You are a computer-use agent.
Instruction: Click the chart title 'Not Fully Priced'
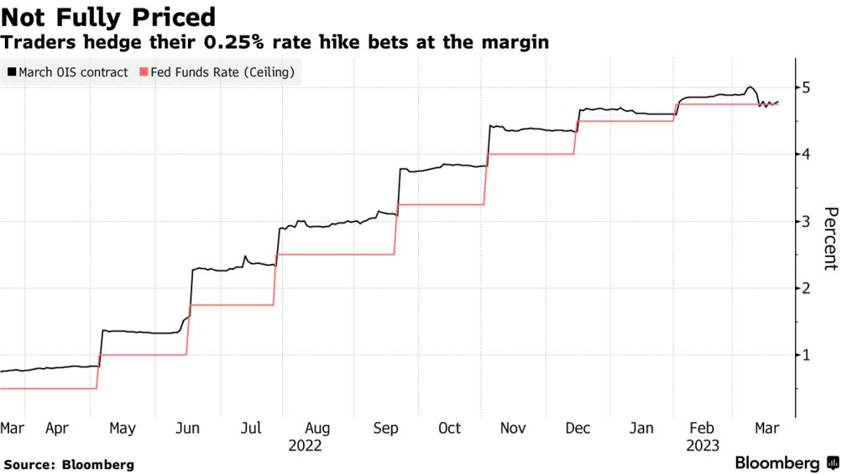point(109,17)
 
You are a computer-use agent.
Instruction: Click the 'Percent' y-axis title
point(829,239)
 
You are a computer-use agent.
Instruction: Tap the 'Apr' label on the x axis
point(57,429)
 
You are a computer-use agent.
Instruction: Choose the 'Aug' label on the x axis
point(318,429)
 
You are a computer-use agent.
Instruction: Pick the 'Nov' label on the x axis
point(513,429)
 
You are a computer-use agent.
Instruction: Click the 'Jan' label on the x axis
point(642,429)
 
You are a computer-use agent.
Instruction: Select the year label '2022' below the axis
point(305,446)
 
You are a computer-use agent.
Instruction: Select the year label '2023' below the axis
point(701,446)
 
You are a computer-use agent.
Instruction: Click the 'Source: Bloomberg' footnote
point(69,464)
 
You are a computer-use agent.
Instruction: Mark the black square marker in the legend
point(11,73)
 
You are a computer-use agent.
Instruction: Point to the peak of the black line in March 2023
point(750,87)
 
